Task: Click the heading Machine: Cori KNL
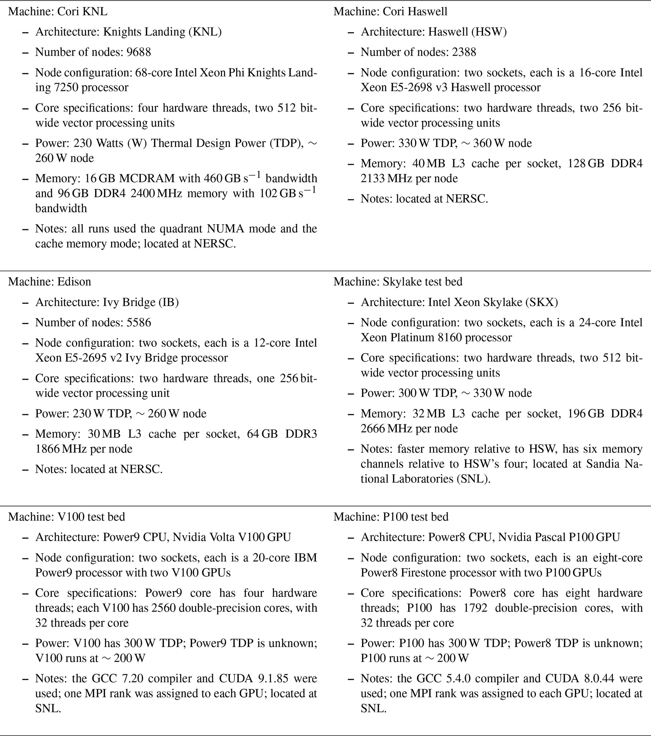pyautogui.click(x=58, y=12)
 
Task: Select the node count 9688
pyautogui.click(x=139, y=52)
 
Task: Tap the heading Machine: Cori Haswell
pyautogui.click(x=390, y=12)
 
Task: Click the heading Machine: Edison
pyautogui.click(x=50, y=282)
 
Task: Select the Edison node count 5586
pyautogui.click(x=139, y=322)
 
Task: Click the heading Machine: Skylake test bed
pyautogui.click(x=398, y=282)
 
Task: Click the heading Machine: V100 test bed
pyautogui.click(x=67, y=517)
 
